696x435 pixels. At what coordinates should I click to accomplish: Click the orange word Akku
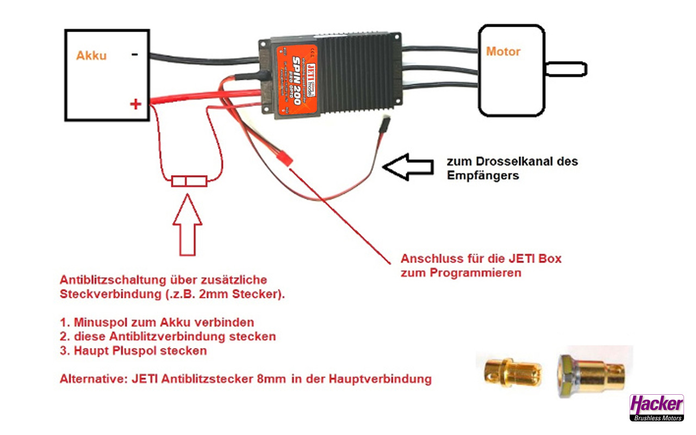tap(91, 55)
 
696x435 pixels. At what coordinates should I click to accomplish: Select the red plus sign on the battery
tap(135, 104)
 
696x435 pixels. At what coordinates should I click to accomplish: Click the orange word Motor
tap(503, 52)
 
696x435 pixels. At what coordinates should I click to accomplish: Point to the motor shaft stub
tap(566, 69)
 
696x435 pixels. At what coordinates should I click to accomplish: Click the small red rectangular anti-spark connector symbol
tap(189, 181)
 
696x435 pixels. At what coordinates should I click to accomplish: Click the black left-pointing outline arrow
tap(407, 167)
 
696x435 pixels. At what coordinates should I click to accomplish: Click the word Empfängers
tap(483, 176)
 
